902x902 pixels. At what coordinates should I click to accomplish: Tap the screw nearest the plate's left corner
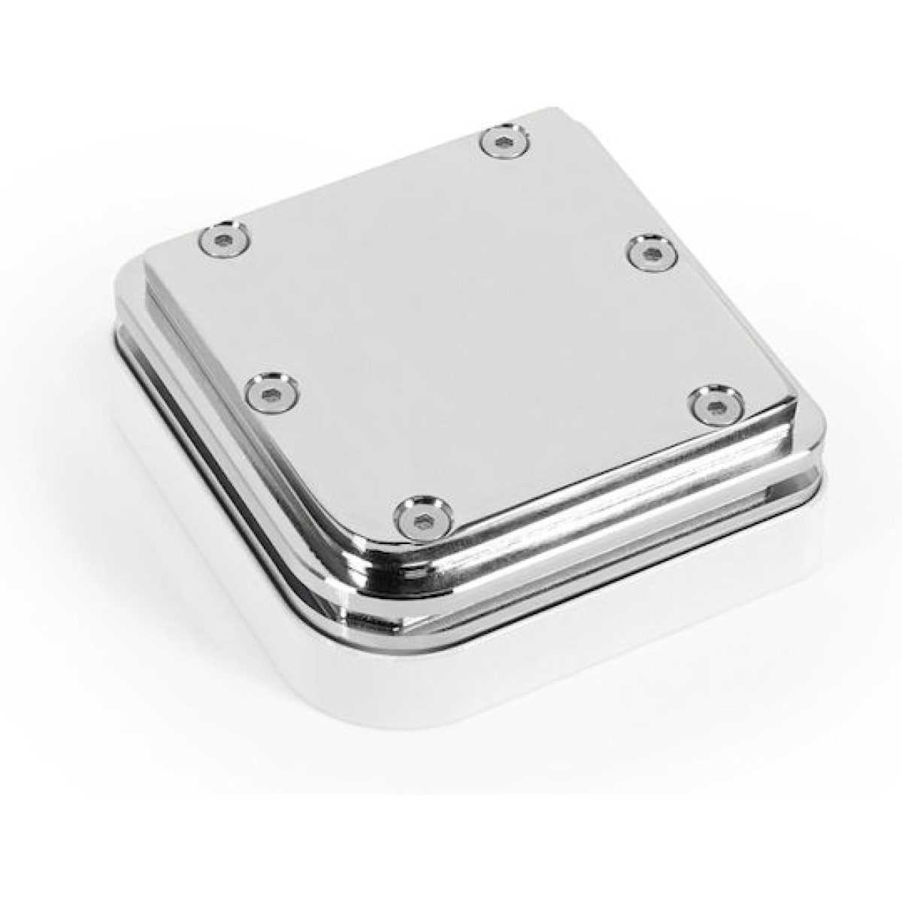pyautogui.click(x=223, y=240)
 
